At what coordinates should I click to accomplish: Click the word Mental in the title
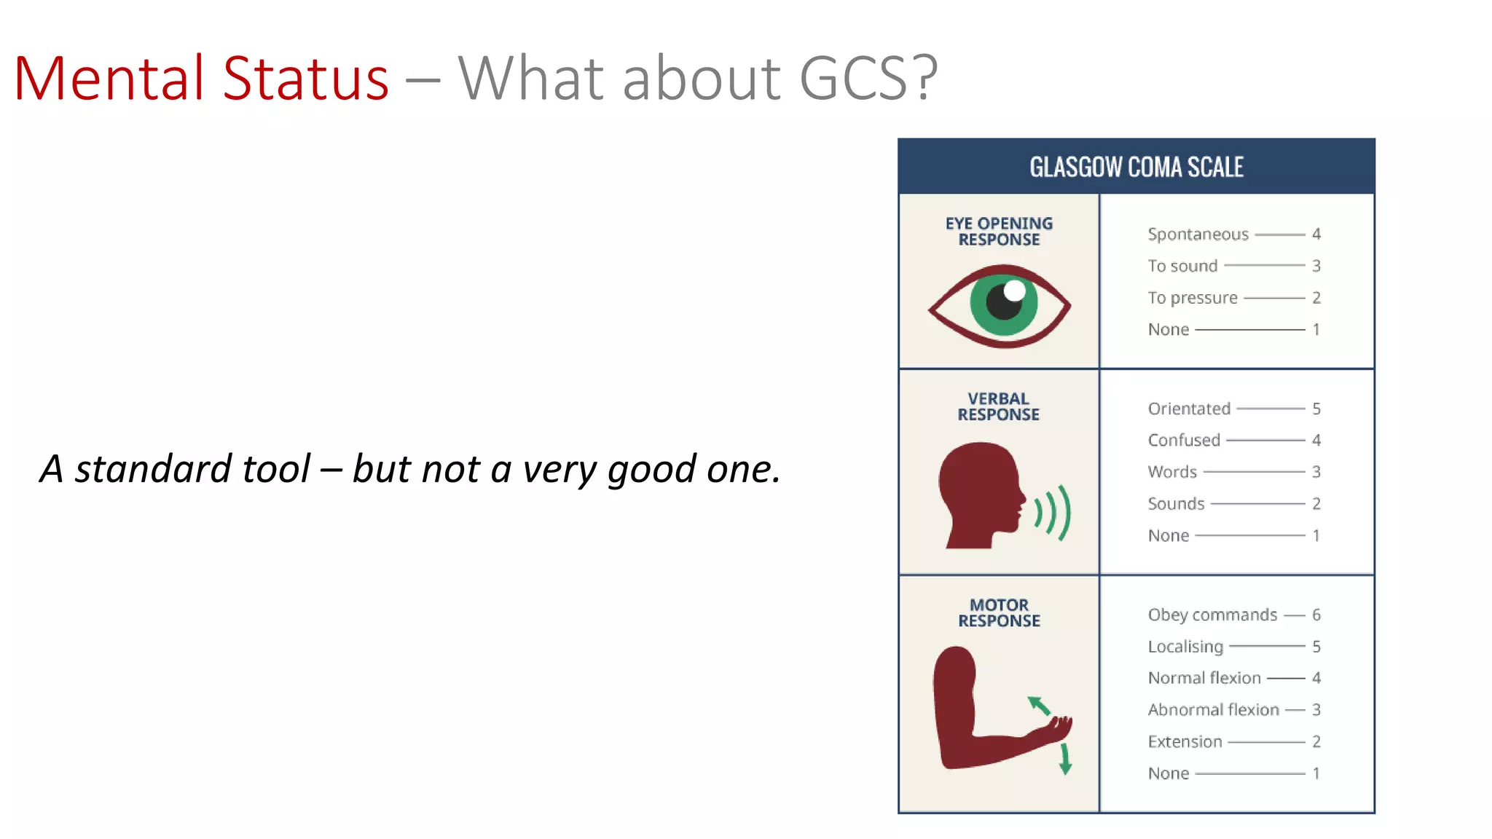pos(109,78)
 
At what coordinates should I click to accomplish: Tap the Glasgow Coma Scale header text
pos(1136,167)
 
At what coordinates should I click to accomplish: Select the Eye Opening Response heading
pos(999,232)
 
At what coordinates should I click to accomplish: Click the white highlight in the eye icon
pos(1014,291)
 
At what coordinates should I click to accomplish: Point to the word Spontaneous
pos(1198,235)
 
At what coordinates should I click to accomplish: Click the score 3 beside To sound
pos(1316,266)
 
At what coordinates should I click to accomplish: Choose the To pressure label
pos(1193,298)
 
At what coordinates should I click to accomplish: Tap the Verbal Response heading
pos(998,406)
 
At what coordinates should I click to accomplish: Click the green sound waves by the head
pos(1053,513)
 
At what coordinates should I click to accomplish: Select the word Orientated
pos(1189,409)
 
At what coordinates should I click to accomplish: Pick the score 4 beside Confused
pos(1316,440)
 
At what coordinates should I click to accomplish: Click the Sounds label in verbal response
pos(1176,503)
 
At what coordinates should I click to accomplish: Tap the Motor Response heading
pos(999,612)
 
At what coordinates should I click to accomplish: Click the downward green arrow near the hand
pos(1065,759)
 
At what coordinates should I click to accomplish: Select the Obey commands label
pos(1212,615)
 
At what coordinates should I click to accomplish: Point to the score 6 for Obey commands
pos(1316,615)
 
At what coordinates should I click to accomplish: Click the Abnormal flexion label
pos(1213,709)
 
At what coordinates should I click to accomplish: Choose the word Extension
pos(1185,741)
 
